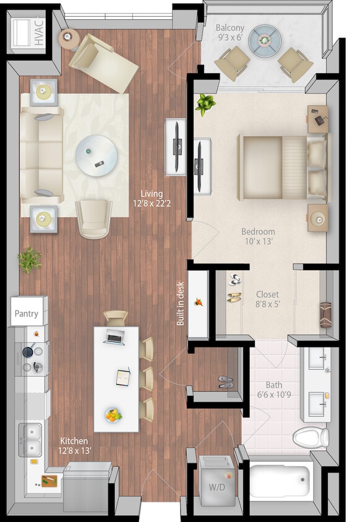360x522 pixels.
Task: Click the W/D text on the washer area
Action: (216, 486)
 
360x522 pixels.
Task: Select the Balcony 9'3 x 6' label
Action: (229, 33)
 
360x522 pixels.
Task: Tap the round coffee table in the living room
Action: (96, 155)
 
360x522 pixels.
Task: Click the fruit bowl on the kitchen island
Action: (113, 415)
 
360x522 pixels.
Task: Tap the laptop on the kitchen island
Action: (115, 336)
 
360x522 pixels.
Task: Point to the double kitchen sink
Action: (29, 439)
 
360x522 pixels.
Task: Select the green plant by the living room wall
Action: (29, 260)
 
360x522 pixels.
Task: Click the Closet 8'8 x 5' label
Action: (267, 299)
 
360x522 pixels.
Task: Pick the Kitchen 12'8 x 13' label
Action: (75, 445)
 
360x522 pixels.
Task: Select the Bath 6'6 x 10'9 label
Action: (274, 389)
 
